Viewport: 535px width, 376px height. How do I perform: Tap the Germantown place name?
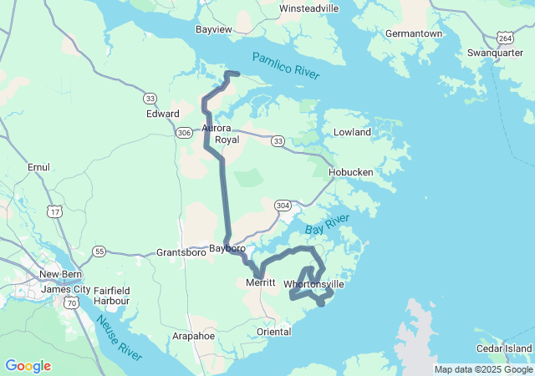pos(413,33)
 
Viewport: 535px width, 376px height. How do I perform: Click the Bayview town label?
pos(212,29)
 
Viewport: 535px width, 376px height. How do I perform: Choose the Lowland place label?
pos(352,132)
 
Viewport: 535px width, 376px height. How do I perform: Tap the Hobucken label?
pos(351,172)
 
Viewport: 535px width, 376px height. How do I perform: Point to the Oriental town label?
pos(274,332)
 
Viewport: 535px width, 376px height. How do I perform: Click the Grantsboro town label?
pos(181,252)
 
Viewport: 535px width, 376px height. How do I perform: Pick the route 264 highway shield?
pos(505,38)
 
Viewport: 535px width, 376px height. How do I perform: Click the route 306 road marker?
pos(185,131)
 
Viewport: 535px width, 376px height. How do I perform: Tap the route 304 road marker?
pos(283,205)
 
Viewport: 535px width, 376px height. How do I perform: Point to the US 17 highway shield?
pos(54,212)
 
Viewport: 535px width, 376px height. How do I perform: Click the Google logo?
pos(28,366)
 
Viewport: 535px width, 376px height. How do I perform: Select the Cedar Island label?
pos(503,348)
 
